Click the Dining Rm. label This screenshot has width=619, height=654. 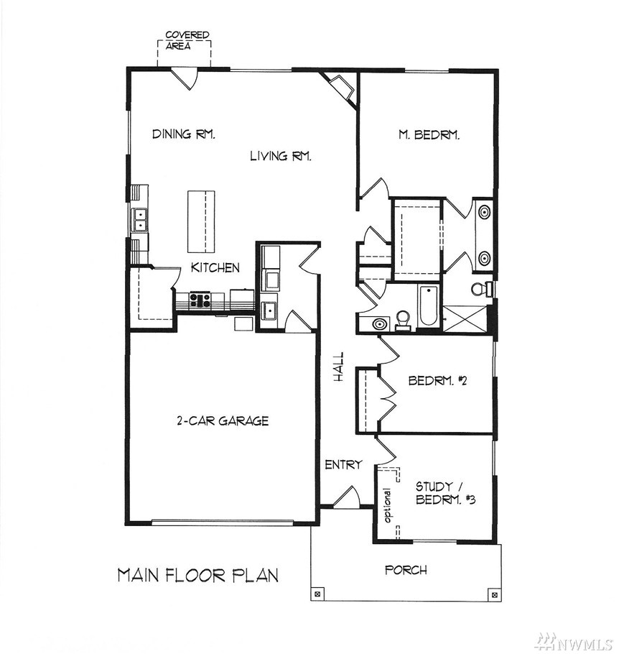tap(183, 134)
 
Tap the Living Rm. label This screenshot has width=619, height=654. tap(281, 156)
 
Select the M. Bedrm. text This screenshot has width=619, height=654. tap(429, 134)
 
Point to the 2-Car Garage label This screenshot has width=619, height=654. tap(223, 420)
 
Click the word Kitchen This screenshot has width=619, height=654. tap(215, 267)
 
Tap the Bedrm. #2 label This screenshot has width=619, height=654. tap(437, 380)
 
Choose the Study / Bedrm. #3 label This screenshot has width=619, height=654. tap(446, 492)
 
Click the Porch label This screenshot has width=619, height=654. tap(406, 570)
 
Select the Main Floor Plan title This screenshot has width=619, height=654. tap(198, 575)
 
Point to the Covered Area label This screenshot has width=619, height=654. tap(187, 40)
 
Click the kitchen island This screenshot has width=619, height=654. tap(201, 221)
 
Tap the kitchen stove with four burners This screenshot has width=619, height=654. tap(200, 300)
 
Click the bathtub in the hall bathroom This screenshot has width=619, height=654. tap(428, 305)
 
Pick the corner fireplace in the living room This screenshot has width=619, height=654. tap(340, 87)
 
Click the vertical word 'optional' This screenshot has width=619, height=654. tap(388, 505)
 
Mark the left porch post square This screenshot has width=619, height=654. tap(317, 594)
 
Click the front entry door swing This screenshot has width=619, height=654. tap(347, 497)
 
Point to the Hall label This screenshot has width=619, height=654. tap(339, 367)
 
